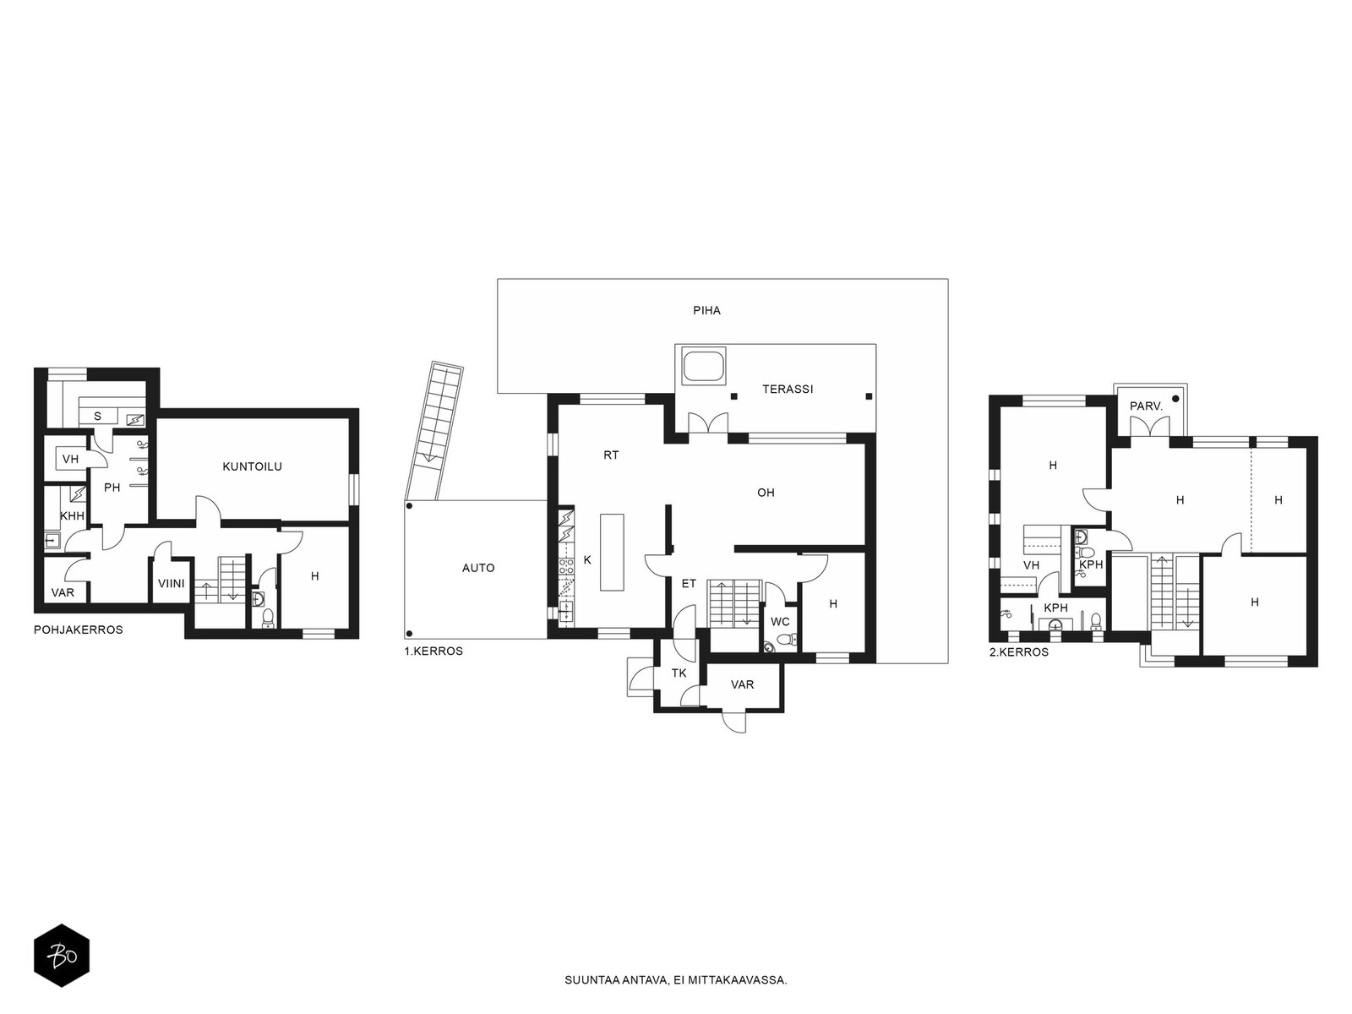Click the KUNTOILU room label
pos(252,466)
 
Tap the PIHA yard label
pos(706,310)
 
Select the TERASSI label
pos(788,389)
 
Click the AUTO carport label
pos(478,568)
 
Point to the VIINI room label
pos(172,583)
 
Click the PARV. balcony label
pos(1146,407)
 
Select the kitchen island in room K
pos(612,553)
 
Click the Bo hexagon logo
pos(62,956)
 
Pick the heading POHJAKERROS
pos(79,630)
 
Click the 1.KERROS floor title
pos(433,651)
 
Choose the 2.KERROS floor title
pos(1019,652)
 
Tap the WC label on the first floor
pos(780,622)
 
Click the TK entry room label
pos(679,673)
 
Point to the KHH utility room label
pos(72,516)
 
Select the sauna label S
pos(97,417)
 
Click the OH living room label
pos(766,493)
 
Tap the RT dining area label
pos(611,455)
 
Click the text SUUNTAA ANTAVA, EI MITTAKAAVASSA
pos(676,980)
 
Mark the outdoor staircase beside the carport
pos(434,431)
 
